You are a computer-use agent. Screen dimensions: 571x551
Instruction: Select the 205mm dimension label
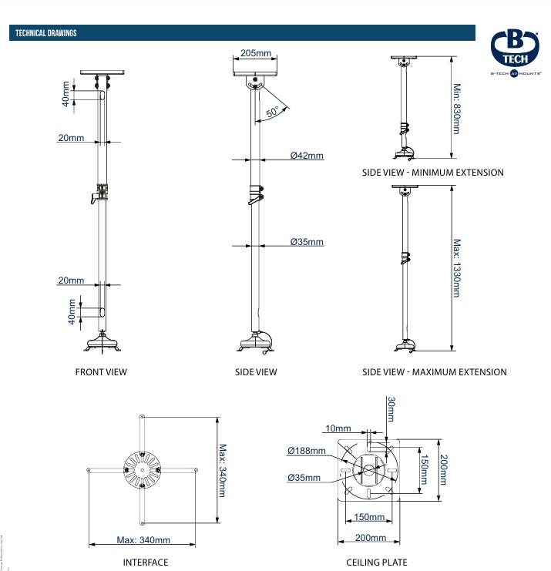tap(256, 53)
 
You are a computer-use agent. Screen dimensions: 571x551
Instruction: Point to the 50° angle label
tap(273, 113)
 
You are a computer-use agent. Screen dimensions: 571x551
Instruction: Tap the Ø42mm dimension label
tap(307, 156)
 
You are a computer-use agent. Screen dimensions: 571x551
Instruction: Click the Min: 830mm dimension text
tap(456, 109)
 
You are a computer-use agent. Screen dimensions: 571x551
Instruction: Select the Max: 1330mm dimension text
tap(456, 268)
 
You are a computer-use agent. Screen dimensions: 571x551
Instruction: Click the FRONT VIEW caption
tap(101, 372)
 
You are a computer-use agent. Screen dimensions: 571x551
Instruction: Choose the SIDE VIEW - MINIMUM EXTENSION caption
tap(432, 173)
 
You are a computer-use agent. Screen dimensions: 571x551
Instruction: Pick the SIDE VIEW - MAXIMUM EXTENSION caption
tap(435, 372)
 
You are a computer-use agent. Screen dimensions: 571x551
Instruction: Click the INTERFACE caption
tap(146, 563)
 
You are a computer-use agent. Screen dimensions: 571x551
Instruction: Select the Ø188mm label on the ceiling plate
tap(307, 451)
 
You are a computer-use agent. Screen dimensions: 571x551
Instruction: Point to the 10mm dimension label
tap(338, 428)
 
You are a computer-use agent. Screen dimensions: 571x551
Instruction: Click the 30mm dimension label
tap(391, 409)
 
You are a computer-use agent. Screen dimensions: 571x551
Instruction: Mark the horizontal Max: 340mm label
tap(143, 539)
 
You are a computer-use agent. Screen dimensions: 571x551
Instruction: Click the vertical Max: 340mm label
tap(222, 469)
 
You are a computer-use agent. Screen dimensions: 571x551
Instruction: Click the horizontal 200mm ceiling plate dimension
tap(370, 538)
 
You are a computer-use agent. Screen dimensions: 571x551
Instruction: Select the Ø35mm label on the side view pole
tap(307, 242)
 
